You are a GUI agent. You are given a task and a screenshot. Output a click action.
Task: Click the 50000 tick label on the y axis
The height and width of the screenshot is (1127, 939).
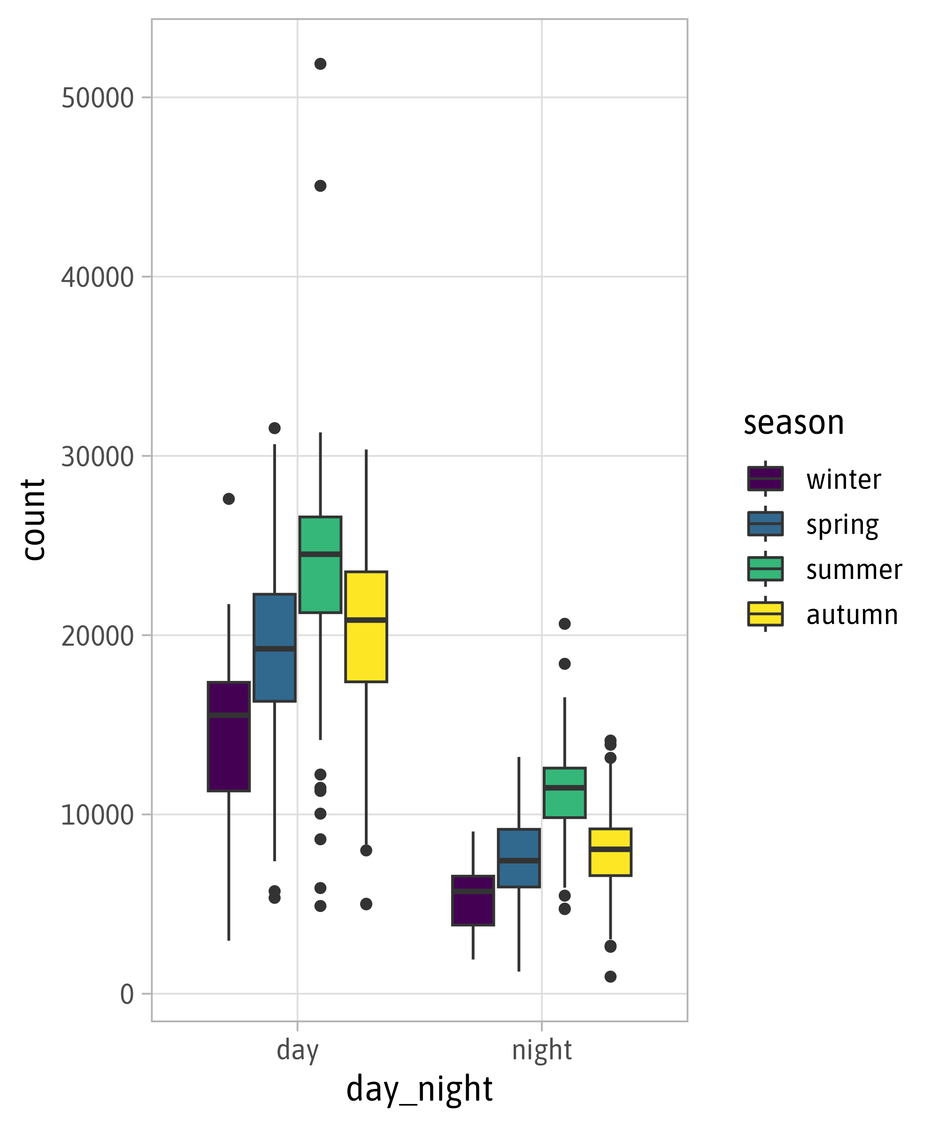click(97, 98)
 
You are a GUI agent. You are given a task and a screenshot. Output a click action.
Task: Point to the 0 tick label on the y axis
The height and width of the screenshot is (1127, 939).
click(127, 995)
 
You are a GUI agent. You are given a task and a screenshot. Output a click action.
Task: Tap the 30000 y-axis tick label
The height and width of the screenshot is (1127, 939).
click(97, 457)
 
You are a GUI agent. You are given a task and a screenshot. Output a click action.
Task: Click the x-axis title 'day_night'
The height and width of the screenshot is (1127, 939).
click(419, 1090)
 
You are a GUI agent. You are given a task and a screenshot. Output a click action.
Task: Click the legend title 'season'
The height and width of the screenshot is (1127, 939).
click(793, 423)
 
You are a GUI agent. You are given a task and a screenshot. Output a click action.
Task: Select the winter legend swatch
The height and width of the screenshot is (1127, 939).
click(765, 479)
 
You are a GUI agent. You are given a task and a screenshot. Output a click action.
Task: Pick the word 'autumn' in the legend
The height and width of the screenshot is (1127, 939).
click(852, 615)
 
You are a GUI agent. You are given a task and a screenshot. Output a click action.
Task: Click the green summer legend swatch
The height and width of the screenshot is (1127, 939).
click(765, 569)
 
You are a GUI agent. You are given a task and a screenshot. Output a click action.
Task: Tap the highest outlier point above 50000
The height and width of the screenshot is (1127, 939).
click(320, 64)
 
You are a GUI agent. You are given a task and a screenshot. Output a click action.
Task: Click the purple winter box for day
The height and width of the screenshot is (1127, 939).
click(229, 751)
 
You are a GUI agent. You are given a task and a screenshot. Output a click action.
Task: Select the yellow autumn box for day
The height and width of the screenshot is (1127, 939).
click(366, 649)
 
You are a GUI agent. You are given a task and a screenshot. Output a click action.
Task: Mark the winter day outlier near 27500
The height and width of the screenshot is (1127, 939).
click(229, 499)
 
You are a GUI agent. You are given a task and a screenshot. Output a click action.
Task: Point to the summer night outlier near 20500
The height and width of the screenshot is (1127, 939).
click(564, 624)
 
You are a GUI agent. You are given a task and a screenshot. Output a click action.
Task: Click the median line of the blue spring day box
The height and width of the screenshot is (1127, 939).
click(274, 649)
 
